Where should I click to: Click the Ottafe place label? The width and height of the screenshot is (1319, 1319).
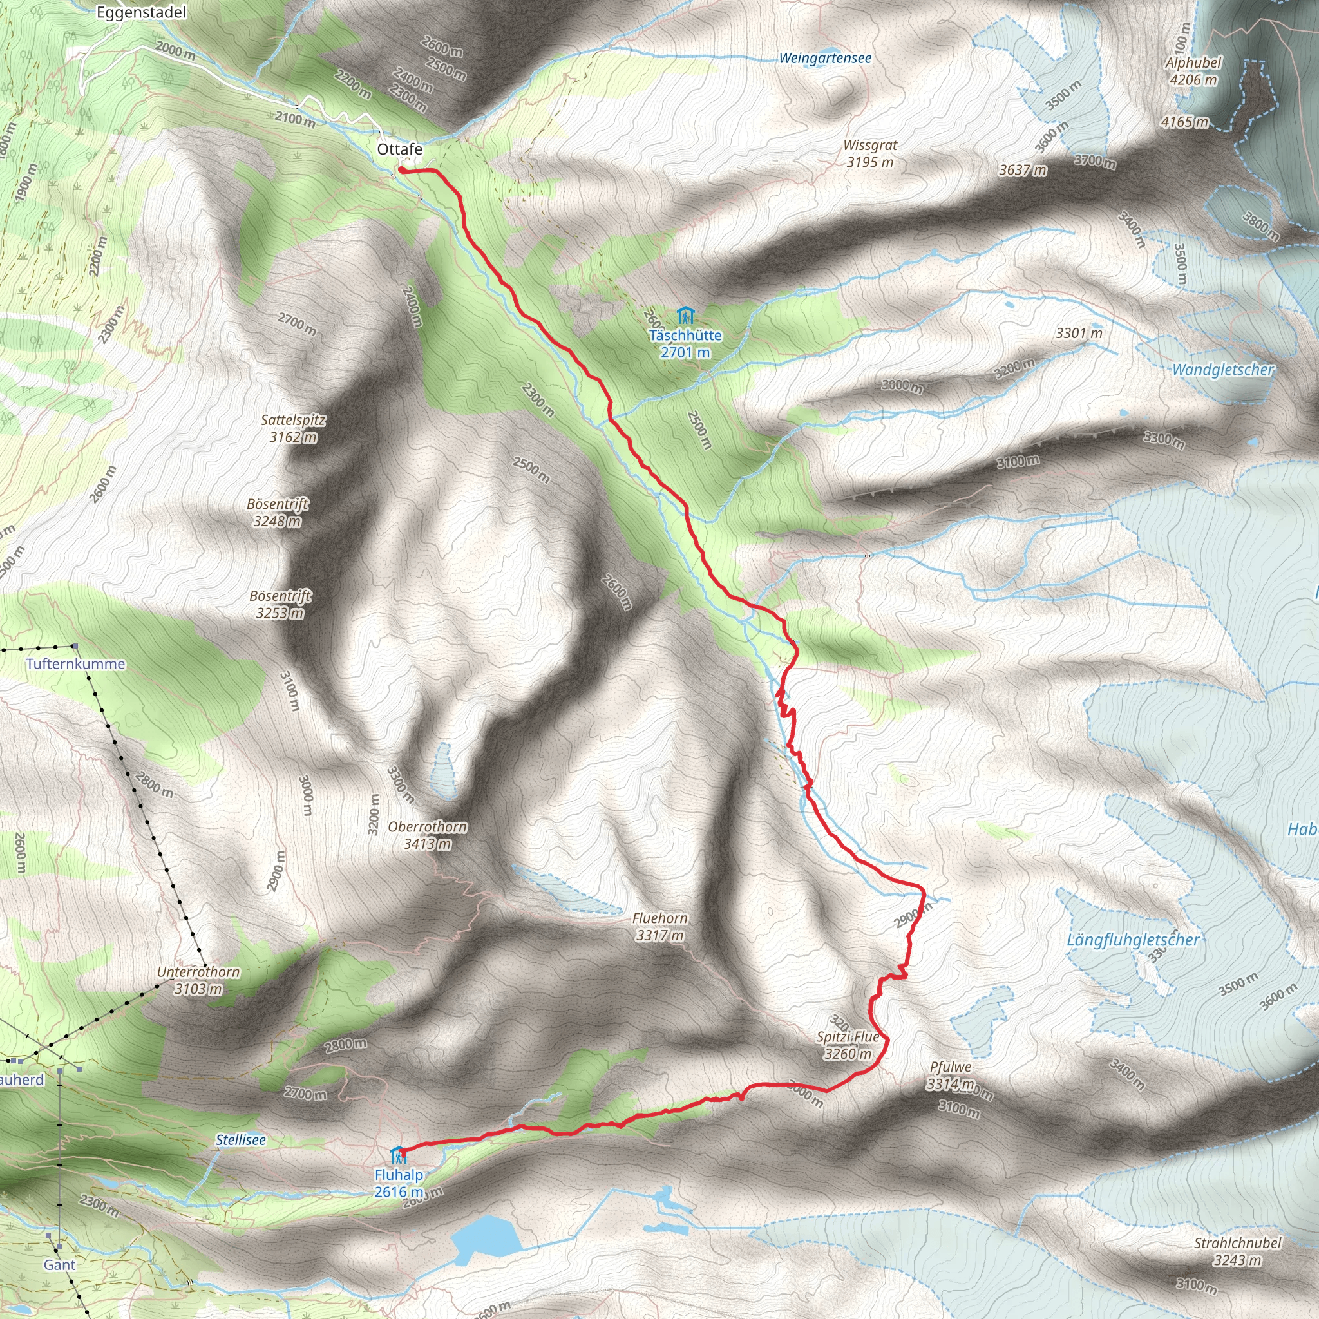399,149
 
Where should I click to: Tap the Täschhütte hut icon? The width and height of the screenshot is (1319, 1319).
685,316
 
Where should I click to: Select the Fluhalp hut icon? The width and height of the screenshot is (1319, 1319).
397,1156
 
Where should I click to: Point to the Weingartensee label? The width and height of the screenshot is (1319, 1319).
825,59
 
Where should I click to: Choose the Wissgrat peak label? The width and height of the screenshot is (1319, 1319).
869,146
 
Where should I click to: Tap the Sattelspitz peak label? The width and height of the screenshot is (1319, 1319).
294,421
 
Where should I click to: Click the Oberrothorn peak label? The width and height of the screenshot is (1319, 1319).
428,827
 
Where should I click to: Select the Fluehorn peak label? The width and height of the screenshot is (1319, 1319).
659,918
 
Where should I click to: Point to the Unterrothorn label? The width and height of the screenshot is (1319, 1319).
198,971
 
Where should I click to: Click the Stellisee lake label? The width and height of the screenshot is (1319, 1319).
240,1140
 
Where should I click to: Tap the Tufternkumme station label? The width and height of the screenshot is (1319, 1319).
76,663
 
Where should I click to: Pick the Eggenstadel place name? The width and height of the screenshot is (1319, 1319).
141,12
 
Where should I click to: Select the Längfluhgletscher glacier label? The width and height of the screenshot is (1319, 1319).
1133,940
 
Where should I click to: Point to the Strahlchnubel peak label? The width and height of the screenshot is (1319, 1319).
1238,1243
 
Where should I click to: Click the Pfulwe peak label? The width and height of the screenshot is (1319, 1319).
951,1067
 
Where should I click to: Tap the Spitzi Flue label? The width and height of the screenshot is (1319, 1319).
848,1037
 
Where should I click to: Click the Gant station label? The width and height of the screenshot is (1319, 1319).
59,1265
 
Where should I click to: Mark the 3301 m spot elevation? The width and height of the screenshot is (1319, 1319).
1079,333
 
